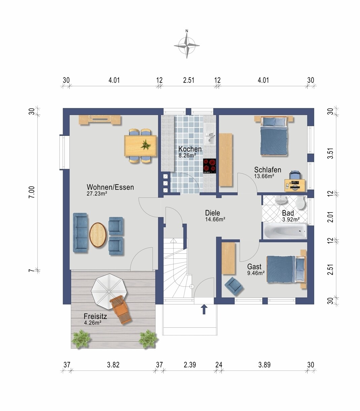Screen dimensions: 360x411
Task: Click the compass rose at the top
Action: click(x=186, y=46)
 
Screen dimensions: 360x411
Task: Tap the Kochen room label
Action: click(x=190, y=149)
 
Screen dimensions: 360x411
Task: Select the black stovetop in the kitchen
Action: click(x=210, y=166)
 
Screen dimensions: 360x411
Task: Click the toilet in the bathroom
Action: click(x=300, y=203)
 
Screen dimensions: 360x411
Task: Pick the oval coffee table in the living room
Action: click(x=98, y=235)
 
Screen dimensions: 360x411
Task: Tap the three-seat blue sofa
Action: click(x=80, y=232)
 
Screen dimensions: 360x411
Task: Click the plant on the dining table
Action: click(x=146, y=145)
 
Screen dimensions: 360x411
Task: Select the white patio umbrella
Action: click(x=109, y=292)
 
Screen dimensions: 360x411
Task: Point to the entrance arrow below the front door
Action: click(x=204, y=309)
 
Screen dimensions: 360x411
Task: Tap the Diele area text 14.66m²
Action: click(x=215, y=219)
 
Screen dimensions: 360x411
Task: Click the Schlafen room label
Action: click(x=268, y=170)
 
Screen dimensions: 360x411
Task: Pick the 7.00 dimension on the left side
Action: click(x=32, y=192)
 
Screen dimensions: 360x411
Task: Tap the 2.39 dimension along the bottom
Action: click(x=190, y=365)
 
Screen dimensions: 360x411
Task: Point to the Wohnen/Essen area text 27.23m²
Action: click(x=97, y=194)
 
